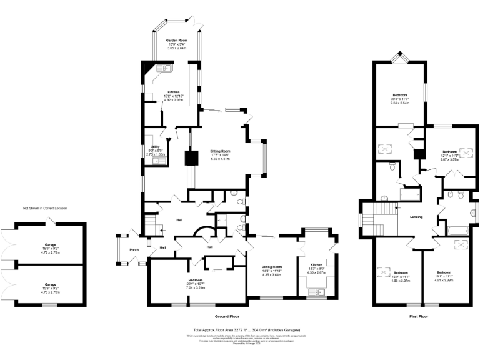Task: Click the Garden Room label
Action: pos(176,39)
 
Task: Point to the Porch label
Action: pos(134,250)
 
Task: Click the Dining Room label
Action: pos(272,267)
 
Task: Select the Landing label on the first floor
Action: pos(416,217)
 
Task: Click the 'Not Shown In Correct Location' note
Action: pos(45,208)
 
